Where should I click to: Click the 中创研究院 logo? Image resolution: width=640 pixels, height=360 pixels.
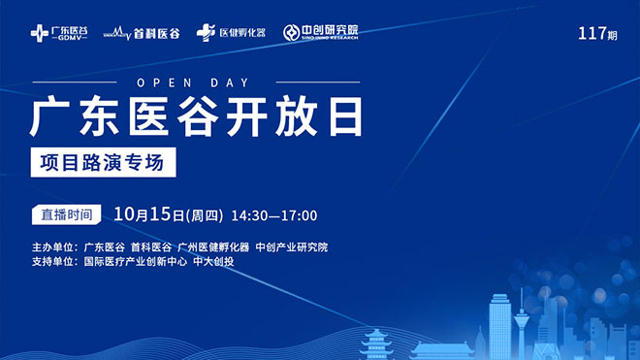pyautogui.click(x=321, y=32)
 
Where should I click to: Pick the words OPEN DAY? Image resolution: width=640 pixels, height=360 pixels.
pyautogui.click(x=195, y=82)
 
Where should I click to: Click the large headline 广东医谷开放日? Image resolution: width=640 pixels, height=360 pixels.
pyautogui.click(x=197, y=118)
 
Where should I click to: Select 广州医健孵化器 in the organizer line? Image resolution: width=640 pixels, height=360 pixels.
pyautogui.click(x=213, y=246)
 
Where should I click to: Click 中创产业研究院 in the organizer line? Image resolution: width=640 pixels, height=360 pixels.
pyautogui.click(x=291, y=246)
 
